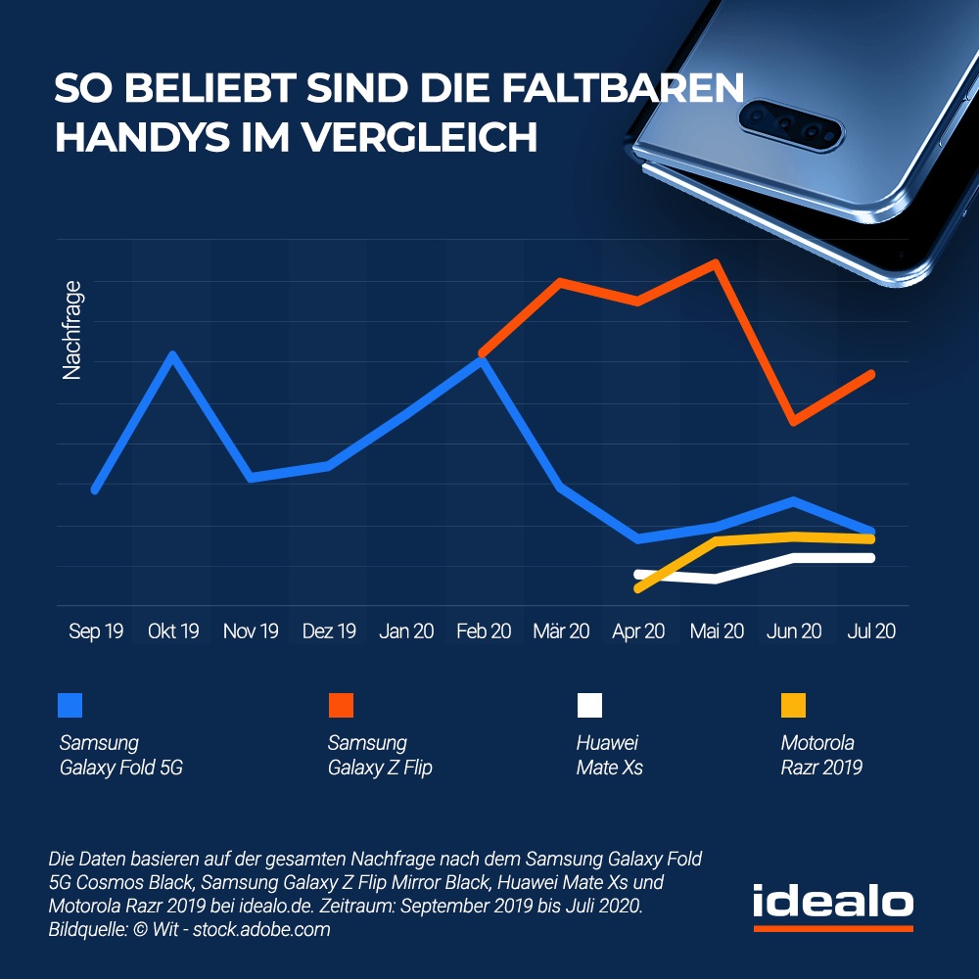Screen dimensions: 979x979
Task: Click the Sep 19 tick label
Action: (96, 631)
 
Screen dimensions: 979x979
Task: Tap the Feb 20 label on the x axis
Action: (484, 631)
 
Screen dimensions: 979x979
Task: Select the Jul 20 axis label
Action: (870, 631)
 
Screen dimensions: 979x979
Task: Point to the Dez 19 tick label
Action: (329, 631)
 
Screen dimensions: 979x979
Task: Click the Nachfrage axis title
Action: (71, 330)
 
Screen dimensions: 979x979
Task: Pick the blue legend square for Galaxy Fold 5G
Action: (70, 705)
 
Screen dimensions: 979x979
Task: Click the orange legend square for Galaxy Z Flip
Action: (341, 705)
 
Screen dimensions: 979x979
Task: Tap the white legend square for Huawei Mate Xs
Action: (589, 705)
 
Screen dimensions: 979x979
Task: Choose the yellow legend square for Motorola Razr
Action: (793, 705)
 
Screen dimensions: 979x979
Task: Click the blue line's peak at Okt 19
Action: (173, 354)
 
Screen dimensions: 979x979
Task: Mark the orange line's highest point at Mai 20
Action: (717, 262)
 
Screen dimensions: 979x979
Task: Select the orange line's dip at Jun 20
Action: (794, 422)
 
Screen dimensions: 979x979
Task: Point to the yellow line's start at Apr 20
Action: (639, 588)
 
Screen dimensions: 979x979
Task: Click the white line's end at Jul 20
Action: (869, 558)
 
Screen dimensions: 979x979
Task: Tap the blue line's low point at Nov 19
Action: (252, 477)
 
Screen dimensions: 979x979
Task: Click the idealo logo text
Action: (832, 903)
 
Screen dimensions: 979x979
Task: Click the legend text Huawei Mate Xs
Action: (609, 755)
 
